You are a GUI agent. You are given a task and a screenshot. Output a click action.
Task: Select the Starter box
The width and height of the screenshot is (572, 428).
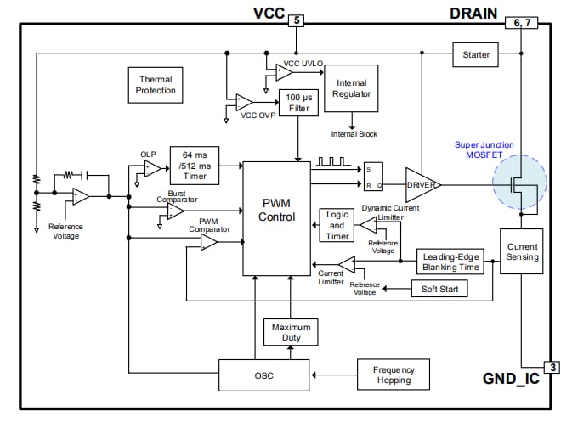pyautogui.click(x=475, y=55)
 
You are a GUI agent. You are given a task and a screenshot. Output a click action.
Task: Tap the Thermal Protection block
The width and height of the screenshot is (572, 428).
pyautogui.click(x=156, y=85)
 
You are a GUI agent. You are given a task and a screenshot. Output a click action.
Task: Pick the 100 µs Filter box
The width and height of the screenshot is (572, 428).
pyautogui.click(x=299, y=103)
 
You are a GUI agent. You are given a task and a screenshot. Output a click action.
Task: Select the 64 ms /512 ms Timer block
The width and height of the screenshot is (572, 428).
pyautogui.click(x=195, y=165)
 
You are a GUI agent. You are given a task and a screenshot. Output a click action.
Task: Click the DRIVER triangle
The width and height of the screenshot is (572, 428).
pyautogui.click(x=422, y=184)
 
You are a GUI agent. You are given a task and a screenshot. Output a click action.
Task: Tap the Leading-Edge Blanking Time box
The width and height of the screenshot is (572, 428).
pyautogui.click(x=450, y=261)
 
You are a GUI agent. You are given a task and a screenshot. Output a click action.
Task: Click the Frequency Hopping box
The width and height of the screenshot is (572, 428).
pyautogui.click(x=394, y=374)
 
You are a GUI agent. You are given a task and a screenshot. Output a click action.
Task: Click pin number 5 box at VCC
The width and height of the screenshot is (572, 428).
pyautogui.click(x=295, y=20)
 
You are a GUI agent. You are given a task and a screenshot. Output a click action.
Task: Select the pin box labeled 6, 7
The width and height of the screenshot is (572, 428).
pyautogui.click(x=520, y=24)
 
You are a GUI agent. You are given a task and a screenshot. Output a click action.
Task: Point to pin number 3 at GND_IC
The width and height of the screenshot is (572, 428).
pyautogui.click(x=552, y=367)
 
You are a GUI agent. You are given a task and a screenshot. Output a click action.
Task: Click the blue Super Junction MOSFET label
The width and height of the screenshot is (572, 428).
pyautogui.click(x=483, y=150)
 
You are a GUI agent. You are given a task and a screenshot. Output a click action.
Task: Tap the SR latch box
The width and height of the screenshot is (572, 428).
pyautogui.click(x=372, y=176)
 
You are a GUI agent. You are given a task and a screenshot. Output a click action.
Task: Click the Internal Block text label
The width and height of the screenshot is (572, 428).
pyautogui.click(x=354, y=133)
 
